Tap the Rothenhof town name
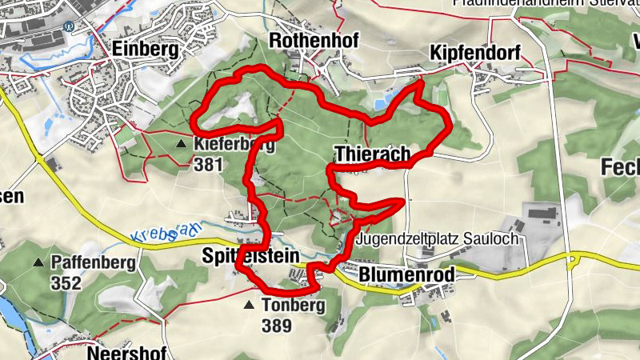tap(314, 40)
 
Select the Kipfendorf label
tap(475, 54)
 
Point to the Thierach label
tap(373, 153)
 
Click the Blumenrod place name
tap(406, 274)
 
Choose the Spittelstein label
tap(250, 255)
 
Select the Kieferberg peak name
tap(234, 145)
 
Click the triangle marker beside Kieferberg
tap(181, 144)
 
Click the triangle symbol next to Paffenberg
tap(38, 262)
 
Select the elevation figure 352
tap(66, 282)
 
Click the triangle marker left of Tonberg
tap(250, 306)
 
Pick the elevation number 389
tap(276, 326)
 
